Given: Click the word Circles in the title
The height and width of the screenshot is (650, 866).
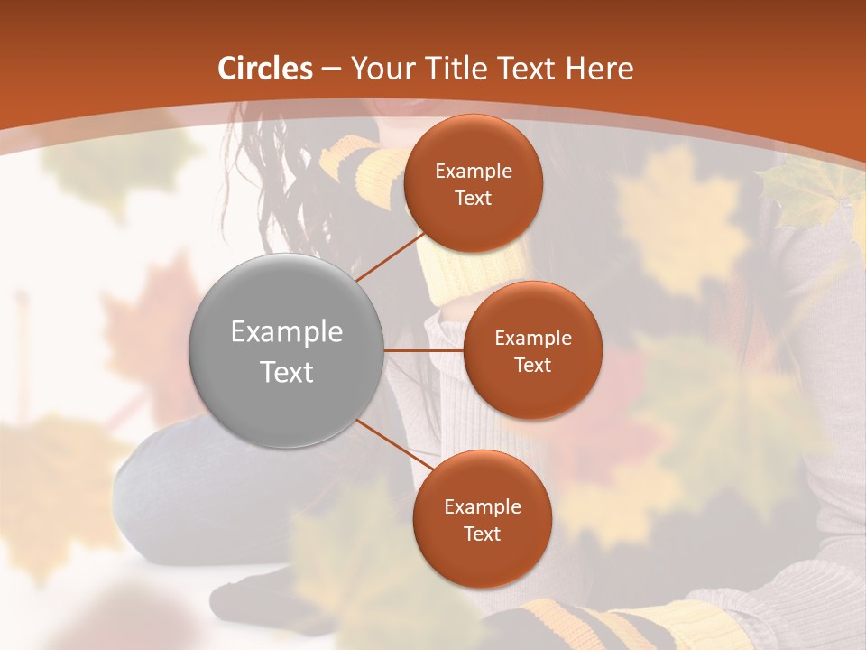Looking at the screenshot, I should pos(265,69).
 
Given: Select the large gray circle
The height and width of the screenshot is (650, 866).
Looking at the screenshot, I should pos(287,350).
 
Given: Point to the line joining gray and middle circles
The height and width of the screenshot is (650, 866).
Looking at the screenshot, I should pos(424,350).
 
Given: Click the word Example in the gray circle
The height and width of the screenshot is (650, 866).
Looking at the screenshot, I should pos(287,332).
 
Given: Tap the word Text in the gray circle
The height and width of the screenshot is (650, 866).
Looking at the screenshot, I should pos(287,372).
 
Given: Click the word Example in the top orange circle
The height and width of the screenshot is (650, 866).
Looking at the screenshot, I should pos(473,172).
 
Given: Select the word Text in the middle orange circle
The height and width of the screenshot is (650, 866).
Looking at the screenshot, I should pos(532,366).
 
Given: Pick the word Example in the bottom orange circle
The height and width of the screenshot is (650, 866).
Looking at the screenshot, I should pos(482,507).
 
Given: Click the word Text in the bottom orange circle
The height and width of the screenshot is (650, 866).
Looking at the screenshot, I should pos(482,534).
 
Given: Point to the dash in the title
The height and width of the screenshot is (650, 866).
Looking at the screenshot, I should pos(331,70).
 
